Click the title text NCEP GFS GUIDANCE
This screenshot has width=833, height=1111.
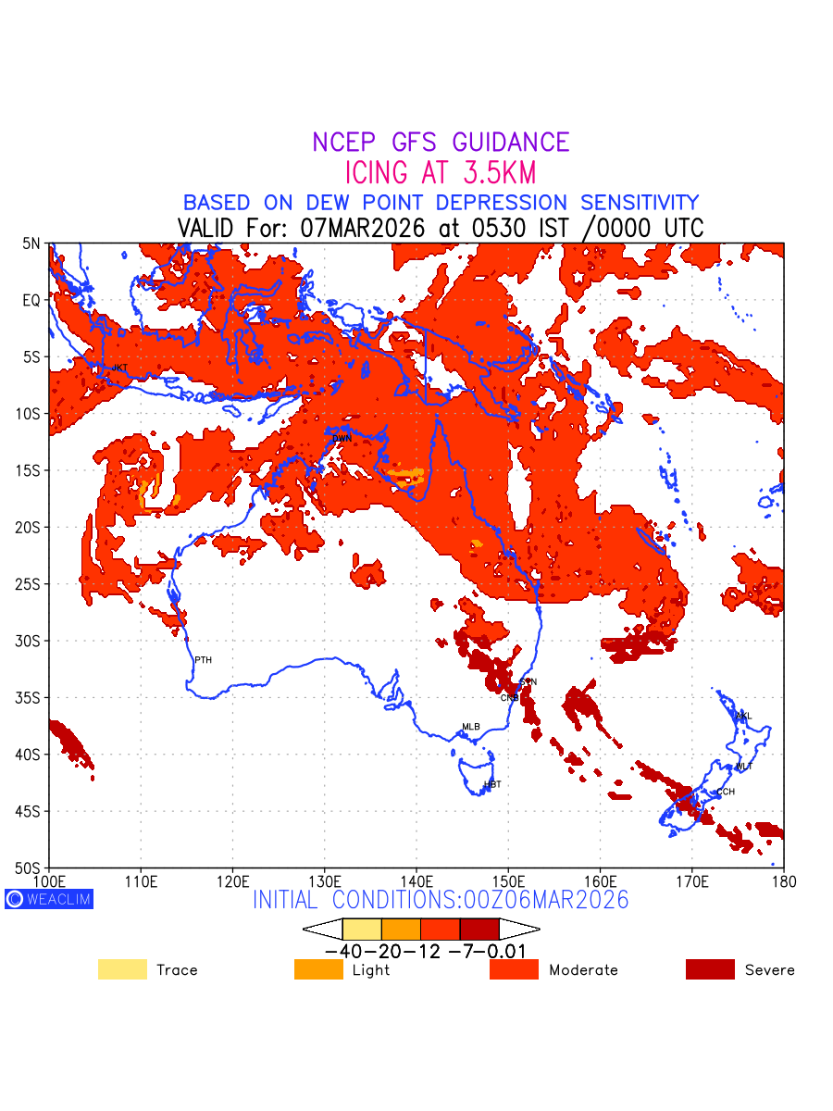coord(441,143)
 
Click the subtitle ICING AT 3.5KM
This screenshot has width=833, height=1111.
coord(441,172)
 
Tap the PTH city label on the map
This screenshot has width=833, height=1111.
coord(203,660)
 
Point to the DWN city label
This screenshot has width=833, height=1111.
coord(342,438)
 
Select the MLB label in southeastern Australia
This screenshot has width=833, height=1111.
coord(471,727)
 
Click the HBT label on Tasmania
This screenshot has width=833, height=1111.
coord(492,784)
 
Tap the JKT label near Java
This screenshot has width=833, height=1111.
coord(119,368)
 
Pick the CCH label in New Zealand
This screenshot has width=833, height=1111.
coord(726,792)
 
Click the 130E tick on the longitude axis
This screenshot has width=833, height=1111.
coord(324,881)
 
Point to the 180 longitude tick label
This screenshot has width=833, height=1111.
coord(783,881)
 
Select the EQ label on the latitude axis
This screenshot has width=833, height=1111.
coord(31,300)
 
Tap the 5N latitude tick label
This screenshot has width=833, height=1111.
coord(31,243)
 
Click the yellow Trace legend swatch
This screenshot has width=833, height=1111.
coord(122,969)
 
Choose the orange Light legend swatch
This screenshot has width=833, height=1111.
coord(318,969)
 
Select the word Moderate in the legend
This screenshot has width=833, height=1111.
coord(583,970)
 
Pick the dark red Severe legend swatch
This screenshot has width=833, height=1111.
coord(710,969)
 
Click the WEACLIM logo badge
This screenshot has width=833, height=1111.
coord(49,899)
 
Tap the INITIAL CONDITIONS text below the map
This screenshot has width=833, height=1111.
coord(441,899)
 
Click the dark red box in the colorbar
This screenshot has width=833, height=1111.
coord(479,929)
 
